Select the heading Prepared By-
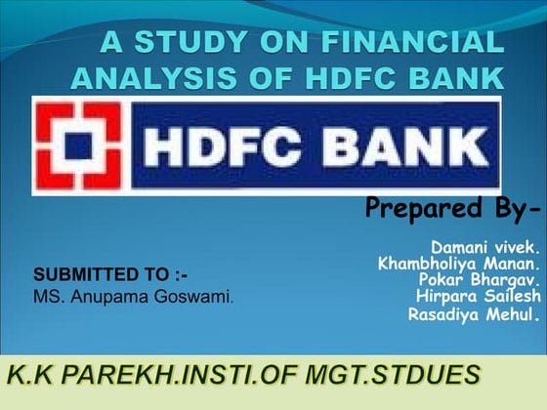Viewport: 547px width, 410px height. pyautogui.click(x=451, y=207)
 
